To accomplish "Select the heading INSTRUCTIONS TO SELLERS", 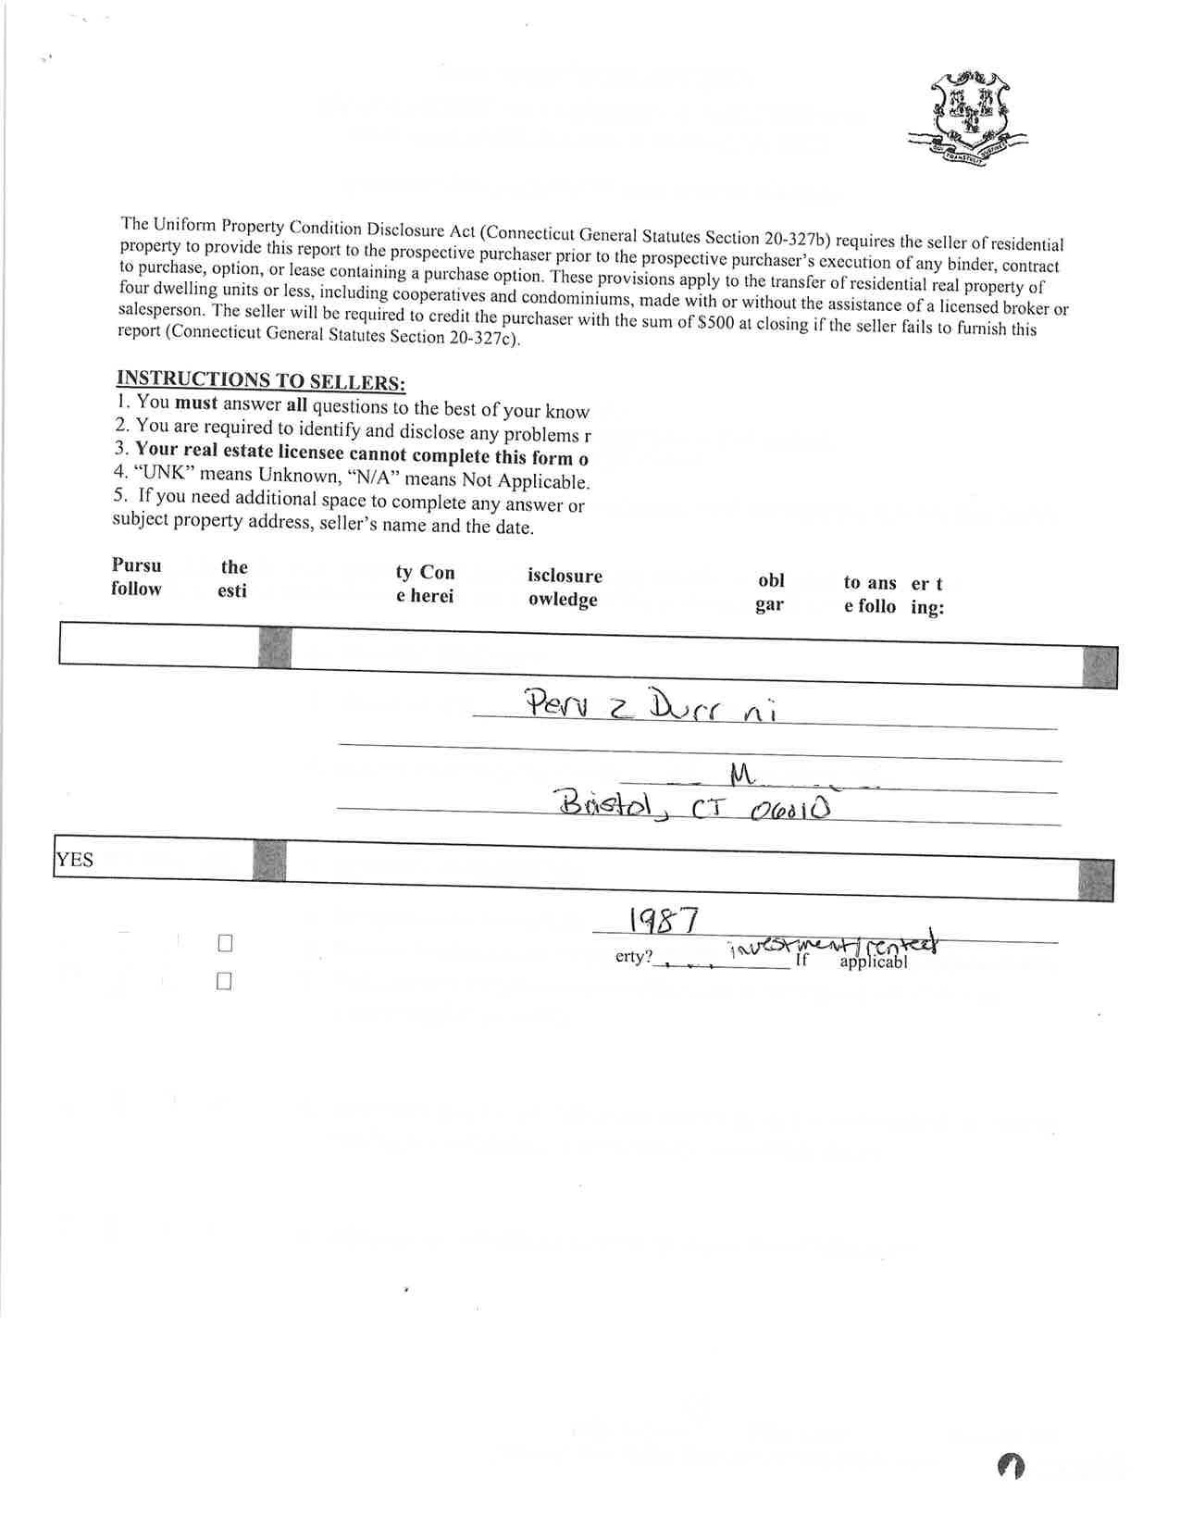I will click(x=260, y=379).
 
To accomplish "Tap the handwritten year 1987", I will click(x=663, y=920).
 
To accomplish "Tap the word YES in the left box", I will click(x=74, y=860).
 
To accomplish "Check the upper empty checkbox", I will click(x=224, y=944).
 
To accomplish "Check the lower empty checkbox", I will click(x=223, y=981).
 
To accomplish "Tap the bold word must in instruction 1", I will click(x=196, y=403).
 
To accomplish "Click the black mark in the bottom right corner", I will click(x=1011, y=1465).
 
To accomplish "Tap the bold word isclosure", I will click(x=565, y=576).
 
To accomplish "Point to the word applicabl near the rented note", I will click(x=873, y=962).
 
